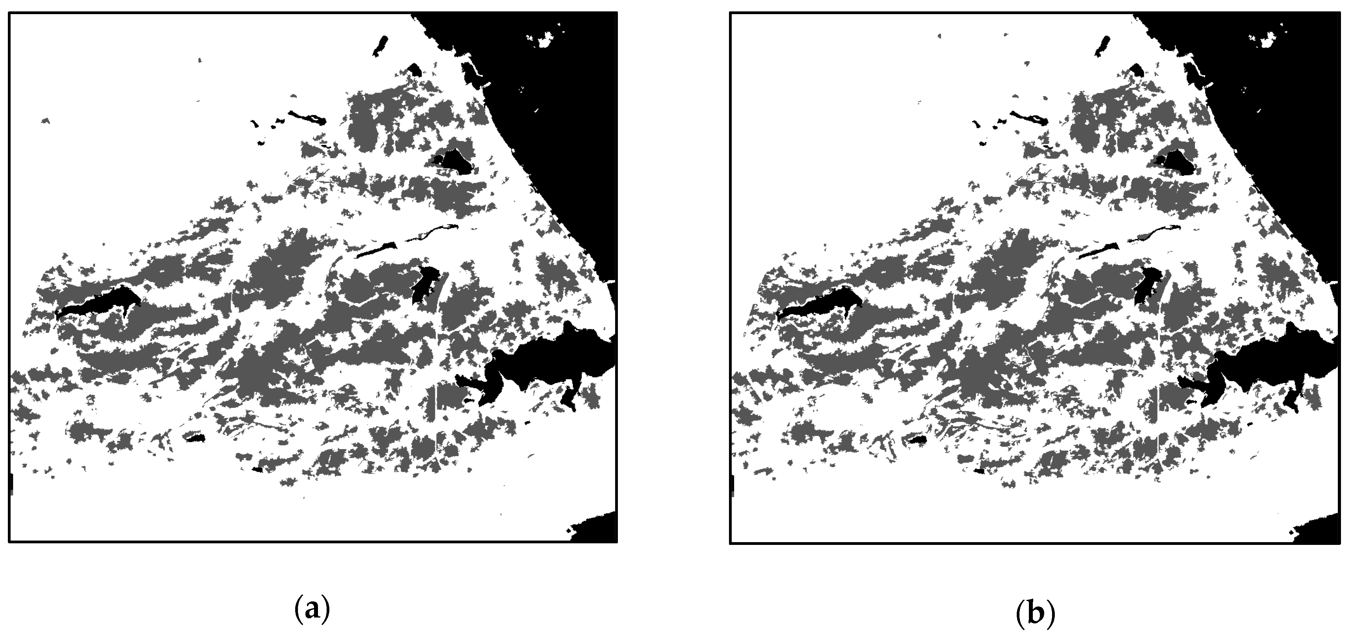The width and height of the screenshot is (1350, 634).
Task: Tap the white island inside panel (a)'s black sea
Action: click(x=545, y=38)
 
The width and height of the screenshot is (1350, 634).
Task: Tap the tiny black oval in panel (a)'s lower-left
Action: click(x=195, y=437)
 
